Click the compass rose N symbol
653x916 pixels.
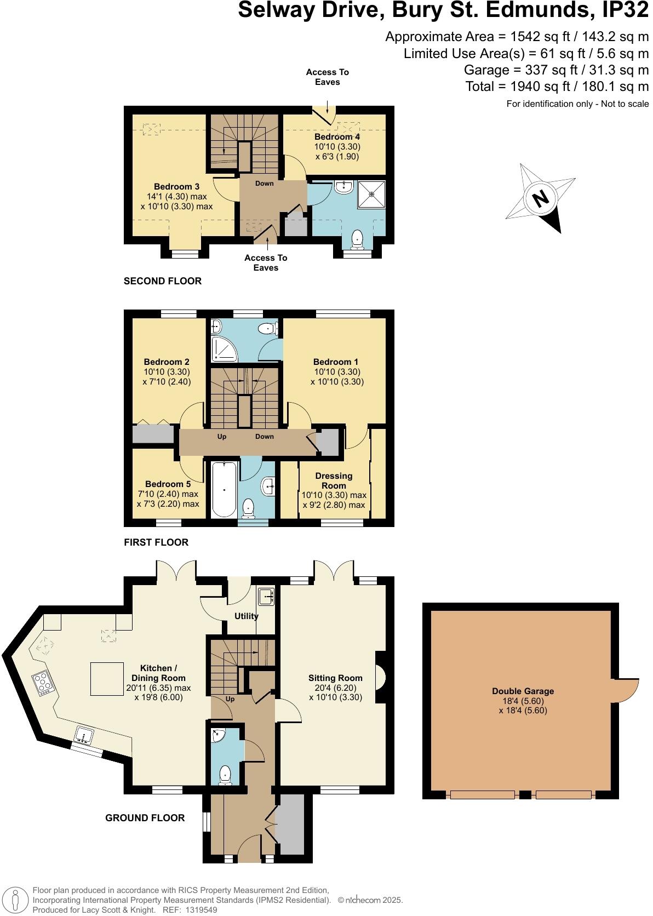pyautogui.click(x=541, y=198)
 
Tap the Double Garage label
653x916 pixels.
pyautogui.click(x=523, y=691)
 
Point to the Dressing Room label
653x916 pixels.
pyautogui.click(x=334, y=480)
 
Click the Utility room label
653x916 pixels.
pyautogui.click(x=247, y=616)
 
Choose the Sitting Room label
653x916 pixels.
pyautogui.click(x=335, y=678)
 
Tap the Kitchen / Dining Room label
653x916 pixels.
pyautogui.click(x=158, y=673)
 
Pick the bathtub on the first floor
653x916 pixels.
pyautogui.click(x=224, y=489)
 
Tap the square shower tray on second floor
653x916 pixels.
pyautogui.click(x=372, y=194)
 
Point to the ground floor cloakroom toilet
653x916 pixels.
pyautogui.click(x=225, y=775)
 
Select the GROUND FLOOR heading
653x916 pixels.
pyautogui.click(x=145, y=818)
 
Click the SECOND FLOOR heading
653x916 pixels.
pyautogui.click(x=163, y=281)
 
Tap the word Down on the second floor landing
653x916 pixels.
pyautogui.click(x=264, y=184)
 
